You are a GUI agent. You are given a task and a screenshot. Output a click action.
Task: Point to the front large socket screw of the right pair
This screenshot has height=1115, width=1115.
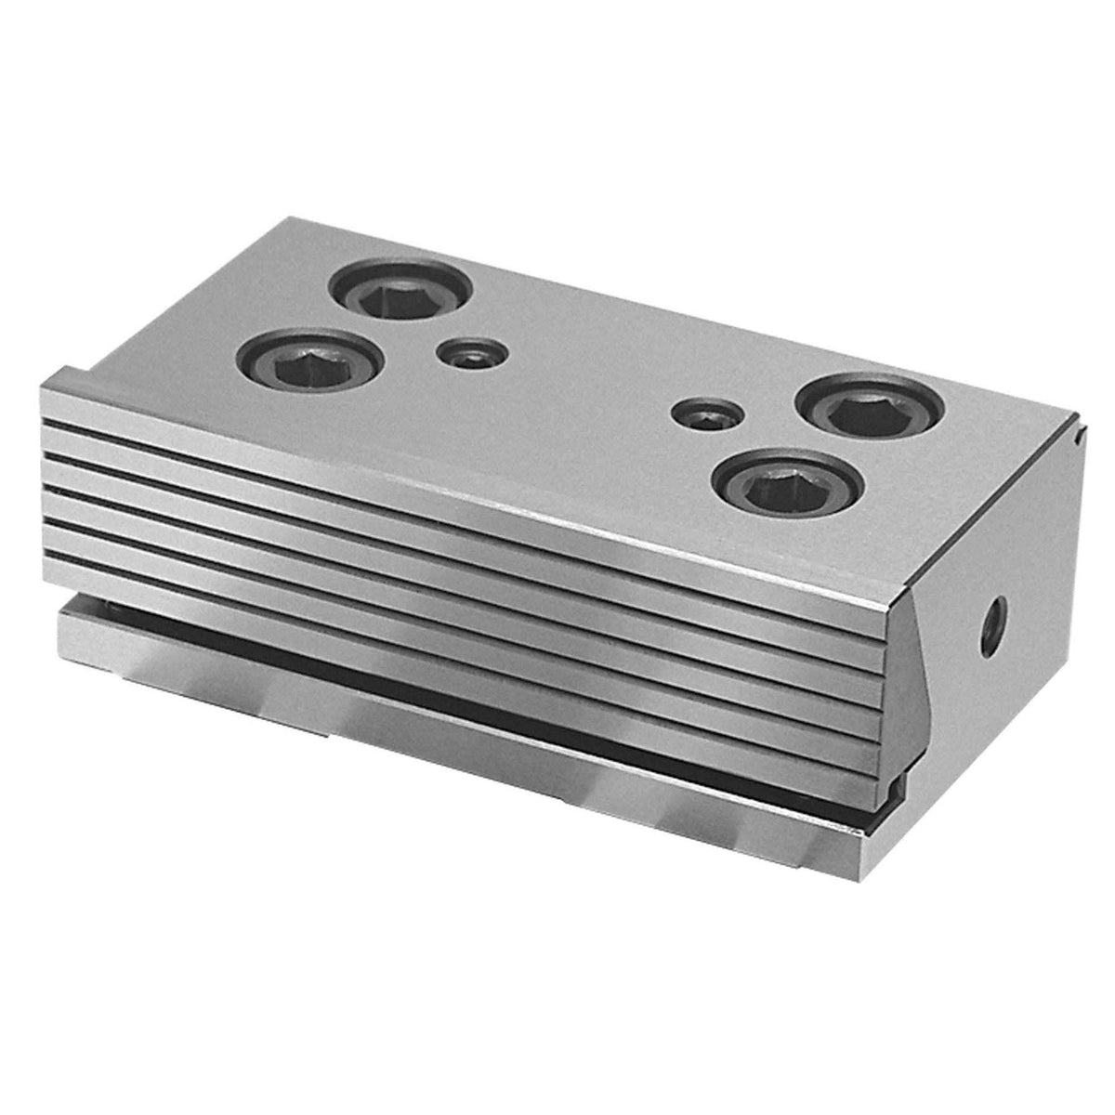click(787, 482)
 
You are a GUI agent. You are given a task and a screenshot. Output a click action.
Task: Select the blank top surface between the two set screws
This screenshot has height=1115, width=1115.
click(585, 381)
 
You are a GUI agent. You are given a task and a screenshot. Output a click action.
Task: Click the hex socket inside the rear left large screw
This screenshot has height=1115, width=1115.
click(400, 296)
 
